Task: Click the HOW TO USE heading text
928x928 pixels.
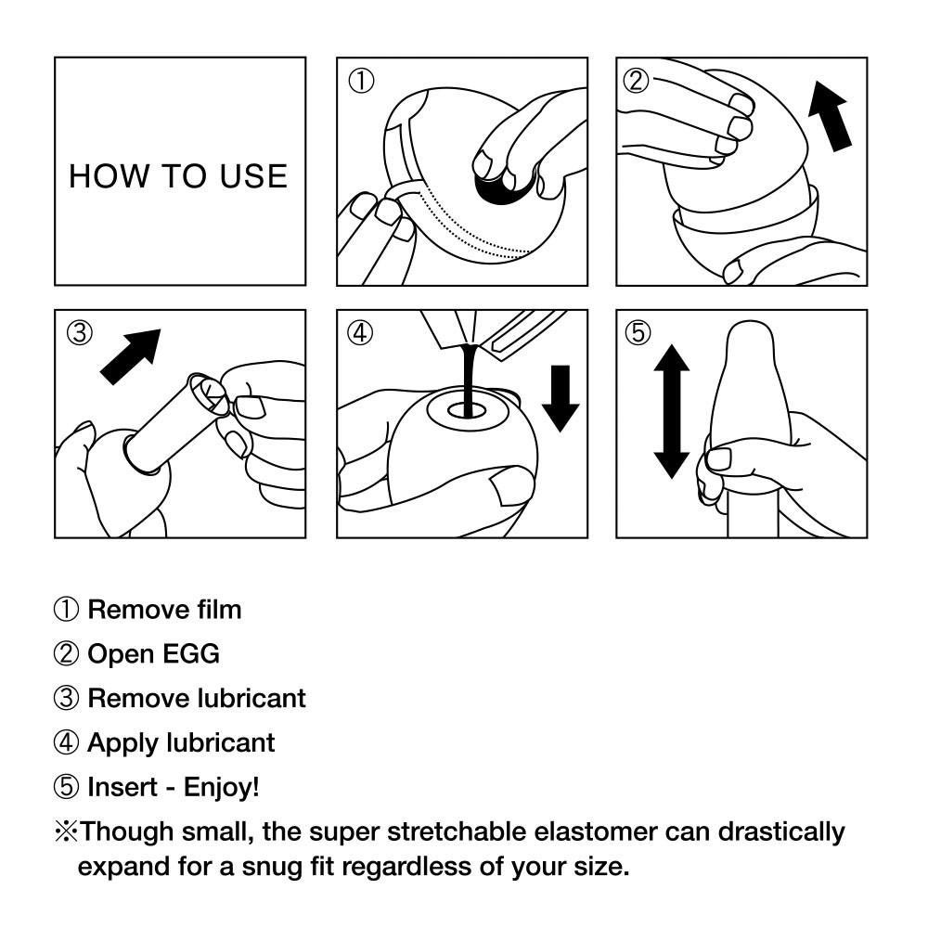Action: tap(178, 175)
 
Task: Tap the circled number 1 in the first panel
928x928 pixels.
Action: tap(360, 81)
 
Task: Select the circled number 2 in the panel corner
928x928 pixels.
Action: tap(636, 81)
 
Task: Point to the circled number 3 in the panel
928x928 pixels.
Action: tap(80, 332)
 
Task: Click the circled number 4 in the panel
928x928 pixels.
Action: tap(360, 332)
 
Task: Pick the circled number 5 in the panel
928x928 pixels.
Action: tap(638, 332)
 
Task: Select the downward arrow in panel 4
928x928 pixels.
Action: tap(560, 398)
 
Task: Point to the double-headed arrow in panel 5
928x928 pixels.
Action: tap(671, 410)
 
